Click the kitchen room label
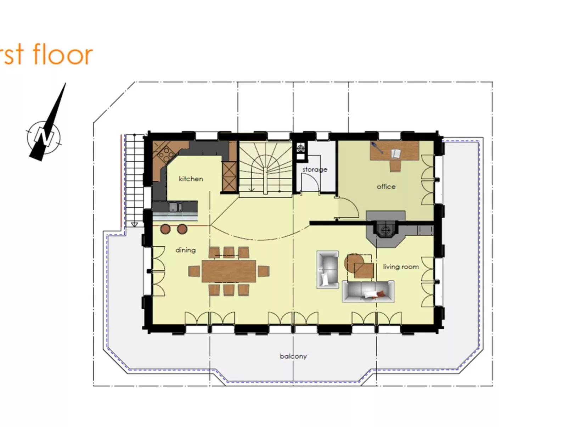click(191, 179)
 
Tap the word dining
click(185, 250)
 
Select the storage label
click(315, 169)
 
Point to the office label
click(386, 186)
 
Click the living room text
click(401, 266)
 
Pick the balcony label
click(293, 356)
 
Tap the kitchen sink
click(175, 207)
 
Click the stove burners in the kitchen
click(166, 154)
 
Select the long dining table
click(229, 271)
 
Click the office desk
click(394, 151)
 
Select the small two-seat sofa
click(328, 269)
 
